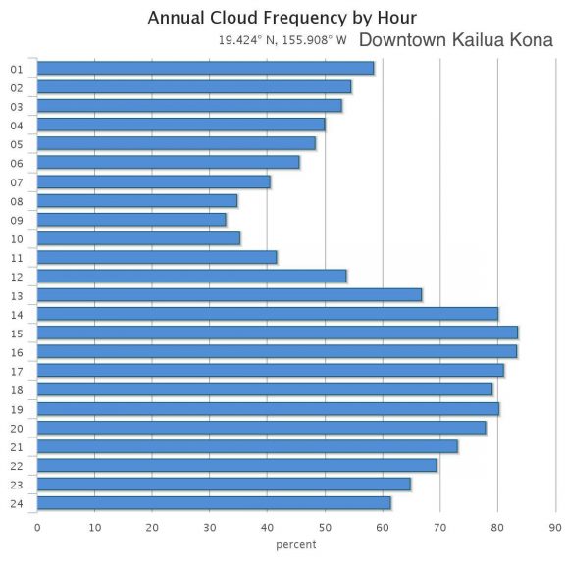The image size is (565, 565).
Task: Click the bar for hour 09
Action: point(131,219)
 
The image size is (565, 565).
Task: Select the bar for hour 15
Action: point(278,333)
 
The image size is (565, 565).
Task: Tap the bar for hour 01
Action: point(205,68)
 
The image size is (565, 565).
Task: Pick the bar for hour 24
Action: point(214,503)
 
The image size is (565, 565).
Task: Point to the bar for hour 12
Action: point(192,276)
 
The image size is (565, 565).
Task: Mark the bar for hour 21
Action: point(247,446)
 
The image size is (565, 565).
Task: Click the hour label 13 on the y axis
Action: point(17,295)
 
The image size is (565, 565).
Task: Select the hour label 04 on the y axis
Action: point(17,126)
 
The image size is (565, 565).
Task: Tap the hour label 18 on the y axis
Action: point(17,390)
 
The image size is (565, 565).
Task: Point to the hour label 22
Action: point(17,466)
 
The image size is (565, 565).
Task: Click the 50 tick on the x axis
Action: point(325,527)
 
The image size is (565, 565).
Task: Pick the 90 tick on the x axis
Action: point(555,527)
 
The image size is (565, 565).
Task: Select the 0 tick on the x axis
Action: point(37,527)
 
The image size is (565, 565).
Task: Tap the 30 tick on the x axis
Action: point(210,527)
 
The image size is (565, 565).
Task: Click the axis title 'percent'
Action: point(296,544)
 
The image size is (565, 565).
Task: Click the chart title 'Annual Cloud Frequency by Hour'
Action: point(282,18)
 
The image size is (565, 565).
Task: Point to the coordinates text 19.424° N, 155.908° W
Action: point(282,41)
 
